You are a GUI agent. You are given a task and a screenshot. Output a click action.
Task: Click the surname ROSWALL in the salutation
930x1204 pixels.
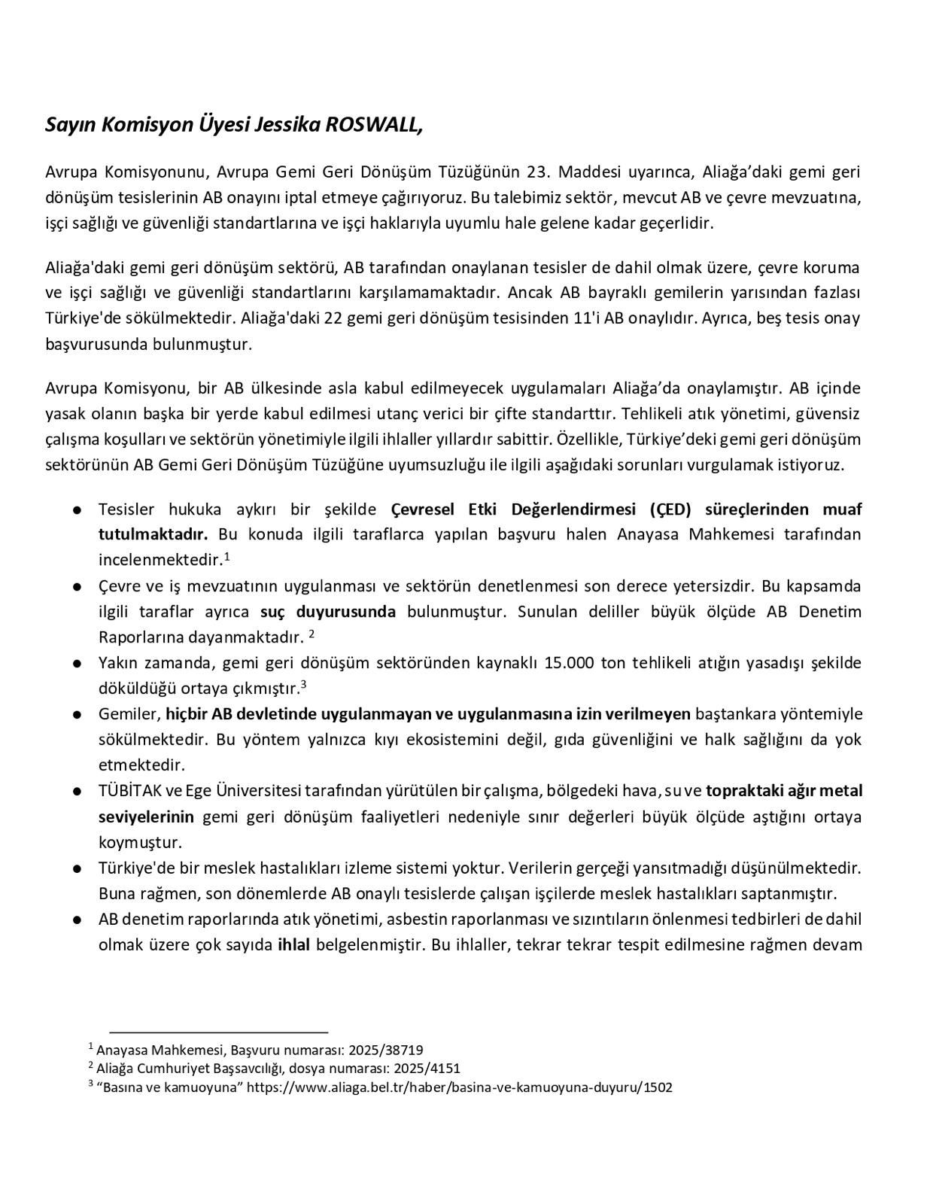[373, 124]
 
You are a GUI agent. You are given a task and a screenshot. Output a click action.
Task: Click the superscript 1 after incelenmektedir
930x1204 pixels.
[226, 557]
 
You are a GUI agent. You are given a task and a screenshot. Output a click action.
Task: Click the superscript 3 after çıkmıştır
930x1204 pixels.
[303, 684]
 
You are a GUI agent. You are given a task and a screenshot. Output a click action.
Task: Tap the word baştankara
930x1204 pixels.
[733, 713]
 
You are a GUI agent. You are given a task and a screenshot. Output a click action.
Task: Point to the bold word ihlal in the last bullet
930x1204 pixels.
[294, 944]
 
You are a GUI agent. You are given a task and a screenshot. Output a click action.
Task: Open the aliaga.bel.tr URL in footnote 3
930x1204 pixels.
[460, 1087]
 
